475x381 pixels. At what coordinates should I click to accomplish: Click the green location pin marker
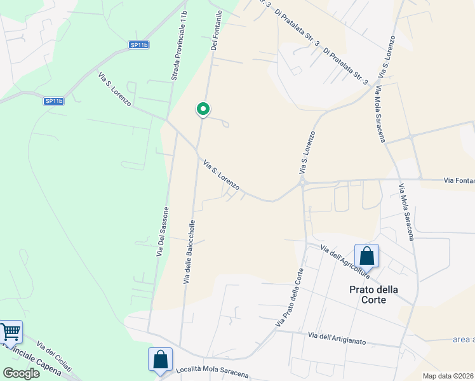coord(203,110)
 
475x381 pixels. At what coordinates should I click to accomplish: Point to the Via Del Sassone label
coord(163,232)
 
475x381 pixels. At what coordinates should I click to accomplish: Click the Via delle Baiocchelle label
coord(189,252)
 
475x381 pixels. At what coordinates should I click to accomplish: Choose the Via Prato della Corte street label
coord(290,298)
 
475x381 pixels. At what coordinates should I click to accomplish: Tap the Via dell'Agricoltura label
coord(344,261)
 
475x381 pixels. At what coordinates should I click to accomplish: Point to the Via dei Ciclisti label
coord(53,357)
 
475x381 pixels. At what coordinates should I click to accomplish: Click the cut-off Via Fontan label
coord(459,181)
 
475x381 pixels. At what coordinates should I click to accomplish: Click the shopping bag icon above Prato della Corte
coord(366,256)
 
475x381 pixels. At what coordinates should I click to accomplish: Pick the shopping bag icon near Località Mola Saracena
coord(160,359)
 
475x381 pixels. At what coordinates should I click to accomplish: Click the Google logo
coord(21,373)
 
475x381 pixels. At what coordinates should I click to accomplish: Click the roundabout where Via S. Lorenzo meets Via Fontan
coord(304,182)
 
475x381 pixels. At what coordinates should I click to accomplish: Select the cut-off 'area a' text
coord(463,339)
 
